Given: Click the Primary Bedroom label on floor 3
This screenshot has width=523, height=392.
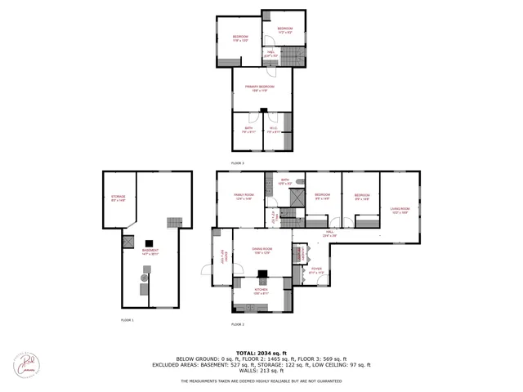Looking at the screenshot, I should click(261, 87).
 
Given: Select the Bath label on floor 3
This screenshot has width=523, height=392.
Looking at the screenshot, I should click(246, 129).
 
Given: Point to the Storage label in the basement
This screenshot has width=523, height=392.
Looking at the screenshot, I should click(118, 198).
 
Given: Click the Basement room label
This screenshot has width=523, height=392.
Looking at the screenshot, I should click(150, 252).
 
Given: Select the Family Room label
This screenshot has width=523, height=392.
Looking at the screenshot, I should click(244, 197).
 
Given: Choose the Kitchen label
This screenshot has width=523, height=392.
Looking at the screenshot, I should click(261, 290).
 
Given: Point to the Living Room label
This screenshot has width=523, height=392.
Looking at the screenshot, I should click(399, 210).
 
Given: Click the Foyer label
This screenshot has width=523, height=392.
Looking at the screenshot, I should click(316, 269).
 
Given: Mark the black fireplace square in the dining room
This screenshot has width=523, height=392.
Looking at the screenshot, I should click(261, 275).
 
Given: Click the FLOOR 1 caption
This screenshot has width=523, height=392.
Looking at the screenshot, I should click(127, 320).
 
